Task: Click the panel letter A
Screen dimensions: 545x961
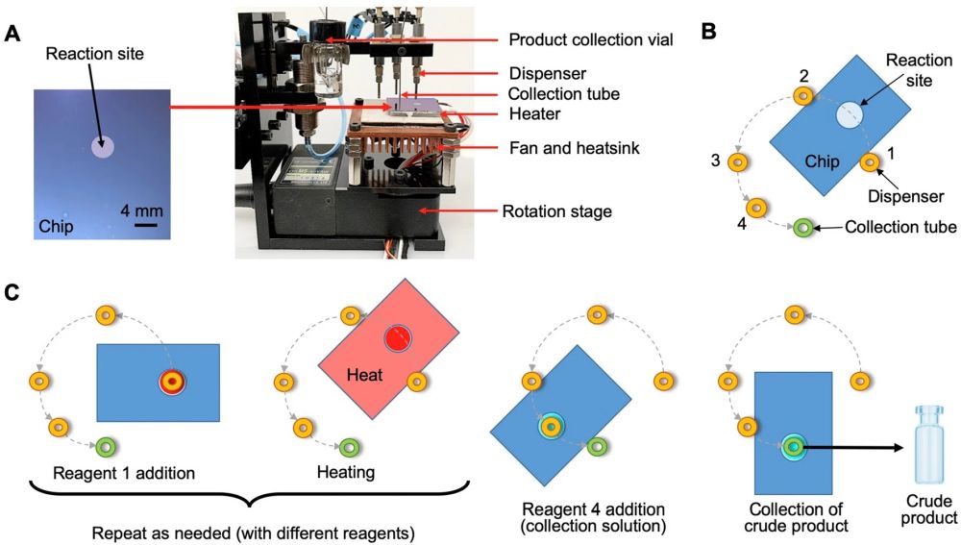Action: (x=12, y=35)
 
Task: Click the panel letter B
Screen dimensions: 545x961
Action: (x=708, y=32)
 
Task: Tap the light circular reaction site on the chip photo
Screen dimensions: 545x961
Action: (x=103, y=147)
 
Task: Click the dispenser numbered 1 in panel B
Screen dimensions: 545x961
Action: (x=870, y=162)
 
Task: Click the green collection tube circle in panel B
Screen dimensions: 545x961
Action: (x=803, y=229)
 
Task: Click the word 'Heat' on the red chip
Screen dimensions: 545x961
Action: (x=365, y=376)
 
